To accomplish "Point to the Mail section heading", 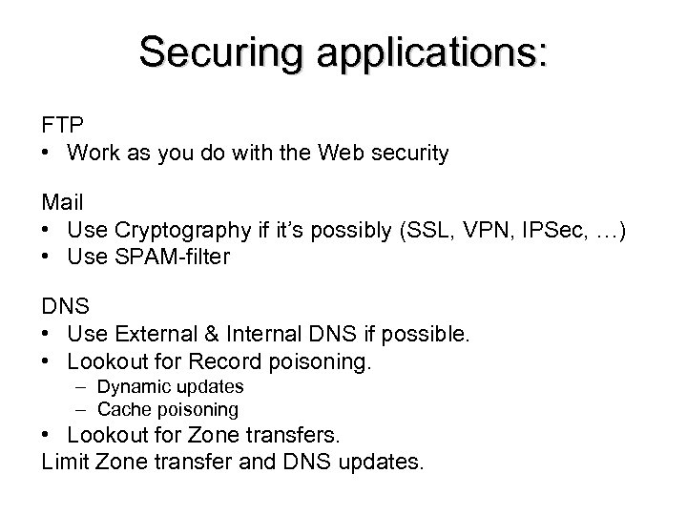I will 62,203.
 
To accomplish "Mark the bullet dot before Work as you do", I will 47,153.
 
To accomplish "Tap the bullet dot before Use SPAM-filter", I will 47,257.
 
